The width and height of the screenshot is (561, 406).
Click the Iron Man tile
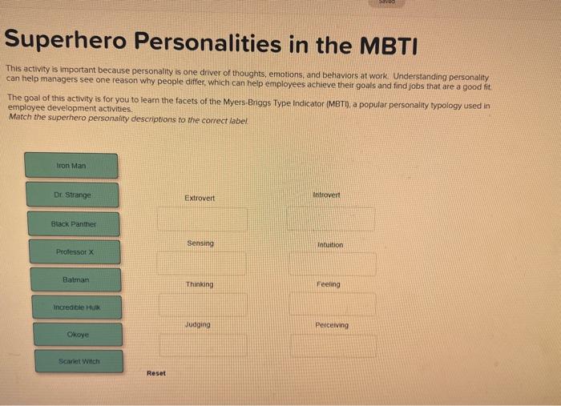pos(71,166)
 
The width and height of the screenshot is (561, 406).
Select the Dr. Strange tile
pos(72,195)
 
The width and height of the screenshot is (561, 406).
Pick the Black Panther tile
pos(74,224)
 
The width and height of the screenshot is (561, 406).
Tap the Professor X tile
pos(75,252)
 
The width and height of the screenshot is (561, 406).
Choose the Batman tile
pos(76,280)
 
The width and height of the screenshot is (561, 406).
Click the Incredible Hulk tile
pos(77,308)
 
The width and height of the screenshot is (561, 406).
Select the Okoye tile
pos(78,335)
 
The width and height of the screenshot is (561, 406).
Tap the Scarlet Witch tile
pos(79,362)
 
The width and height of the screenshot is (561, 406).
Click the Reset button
pos(156,373)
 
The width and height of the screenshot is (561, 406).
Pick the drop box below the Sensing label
pos(202,263)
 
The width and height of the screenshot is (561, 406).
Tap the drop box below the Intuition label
pos(332,263)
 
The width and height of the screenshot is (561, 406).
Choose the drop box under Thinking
pos(203,304)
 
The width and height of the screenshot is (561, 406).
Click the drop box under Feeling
pos(333,304)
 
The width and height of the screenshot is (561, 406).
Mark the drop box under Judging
pos(203,345)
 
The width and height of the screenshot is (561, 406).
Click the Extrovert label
pos(200,198)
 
